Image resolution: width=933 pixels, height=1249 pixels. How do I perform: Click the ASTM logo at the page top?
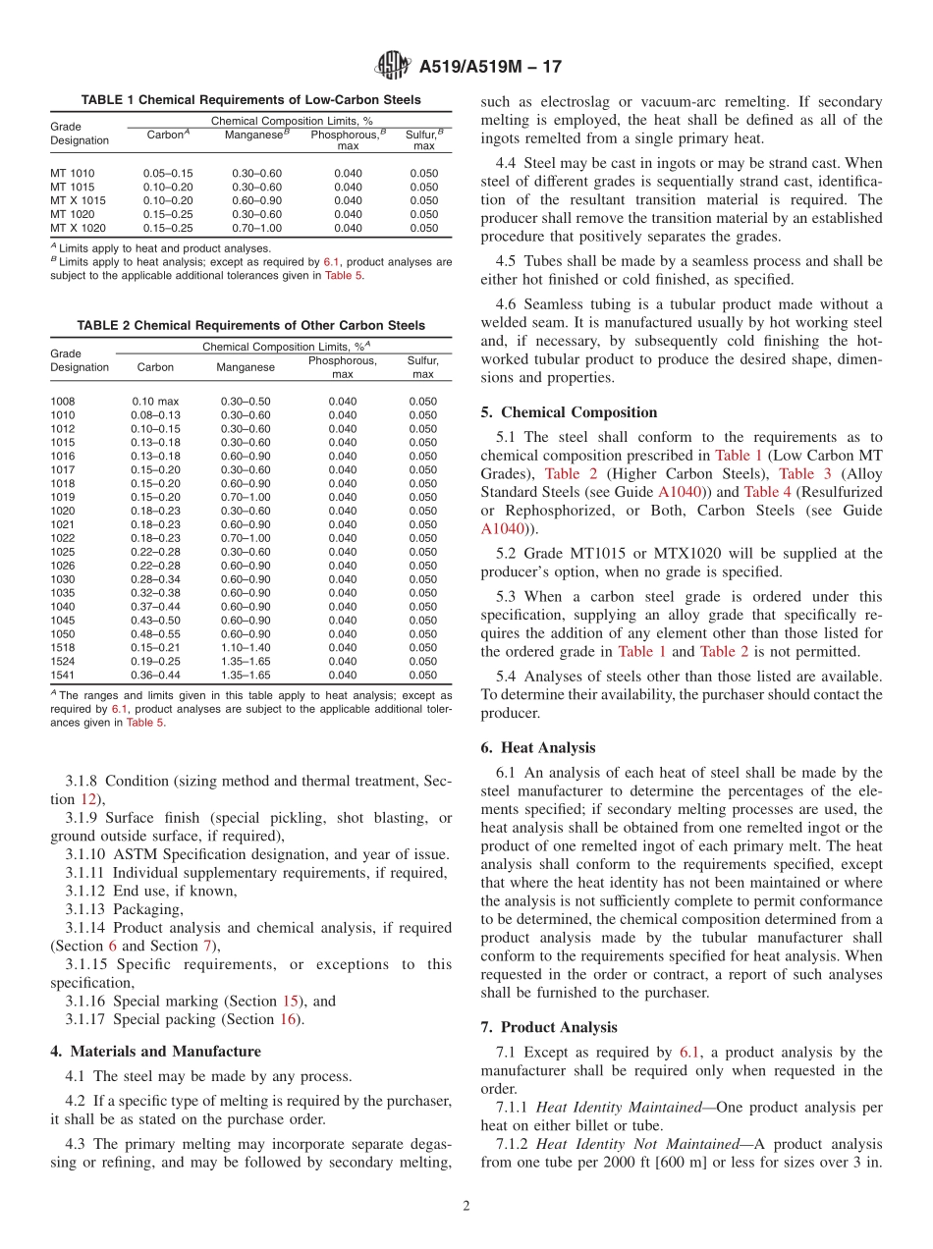click(x=393, y=67)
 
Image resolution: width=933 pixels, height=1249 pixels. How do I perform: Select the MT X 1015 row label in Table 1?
click(x=78, y=200)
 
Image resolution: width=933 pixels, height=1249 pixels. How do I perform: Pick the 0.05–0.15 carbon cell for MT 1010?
click(x=168, y=173)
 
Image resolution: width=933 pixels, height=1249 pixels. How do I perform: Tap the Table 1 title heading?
click(x=250, y=100)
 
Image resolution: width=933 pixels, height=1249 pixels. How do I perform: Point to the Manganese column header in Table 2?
click(x=246, y=367)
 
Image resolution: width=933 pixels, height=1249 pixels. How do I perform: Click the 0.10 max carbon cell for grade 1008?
click(x=155, y=402)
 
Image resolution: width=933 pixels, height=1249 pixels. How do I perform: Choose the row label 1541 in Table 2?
click(x=62, y=676)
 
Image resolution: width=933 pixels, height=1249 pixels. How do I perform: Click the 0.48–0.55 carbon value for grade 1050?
click(x=155, y=634)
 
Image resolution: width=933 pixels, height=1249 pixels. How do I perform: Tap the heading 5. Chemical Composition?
click(x=569, y=412)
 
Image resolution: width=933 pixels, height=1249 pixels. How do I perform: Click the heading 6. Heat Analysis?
click(x=538, y=748)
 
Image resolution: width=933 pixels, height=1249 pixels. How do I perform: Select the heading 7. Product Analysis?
click(x=549, y=1028)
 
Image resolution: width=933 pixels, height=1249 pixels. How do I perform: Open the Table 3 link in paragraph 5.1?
click(x=796, y=473)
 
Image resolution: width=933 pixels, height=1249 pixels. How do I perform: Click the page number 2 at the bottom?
click(x=466, y=1207)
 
